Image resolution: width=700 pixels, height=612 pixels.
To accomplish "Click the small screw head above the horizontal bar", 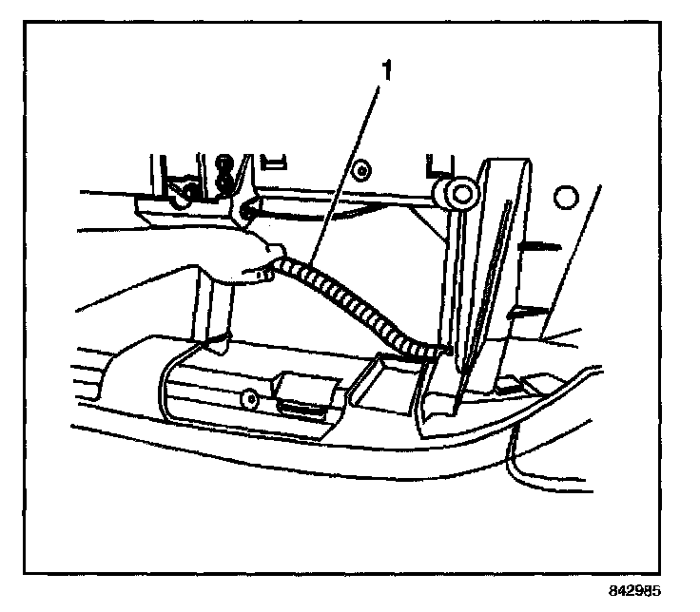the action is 362,172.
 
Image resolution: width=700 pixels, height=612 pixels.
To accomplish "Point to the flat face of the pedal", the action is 495,276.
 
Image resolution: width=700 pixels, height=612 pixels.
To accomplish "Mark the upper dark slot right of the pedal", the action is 535,246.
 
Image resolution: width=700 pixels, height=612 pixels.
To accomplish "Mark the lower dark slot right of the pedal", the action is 529,311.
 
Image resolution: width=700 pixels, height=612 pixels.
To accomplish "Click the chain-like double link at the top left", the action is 225,172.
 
